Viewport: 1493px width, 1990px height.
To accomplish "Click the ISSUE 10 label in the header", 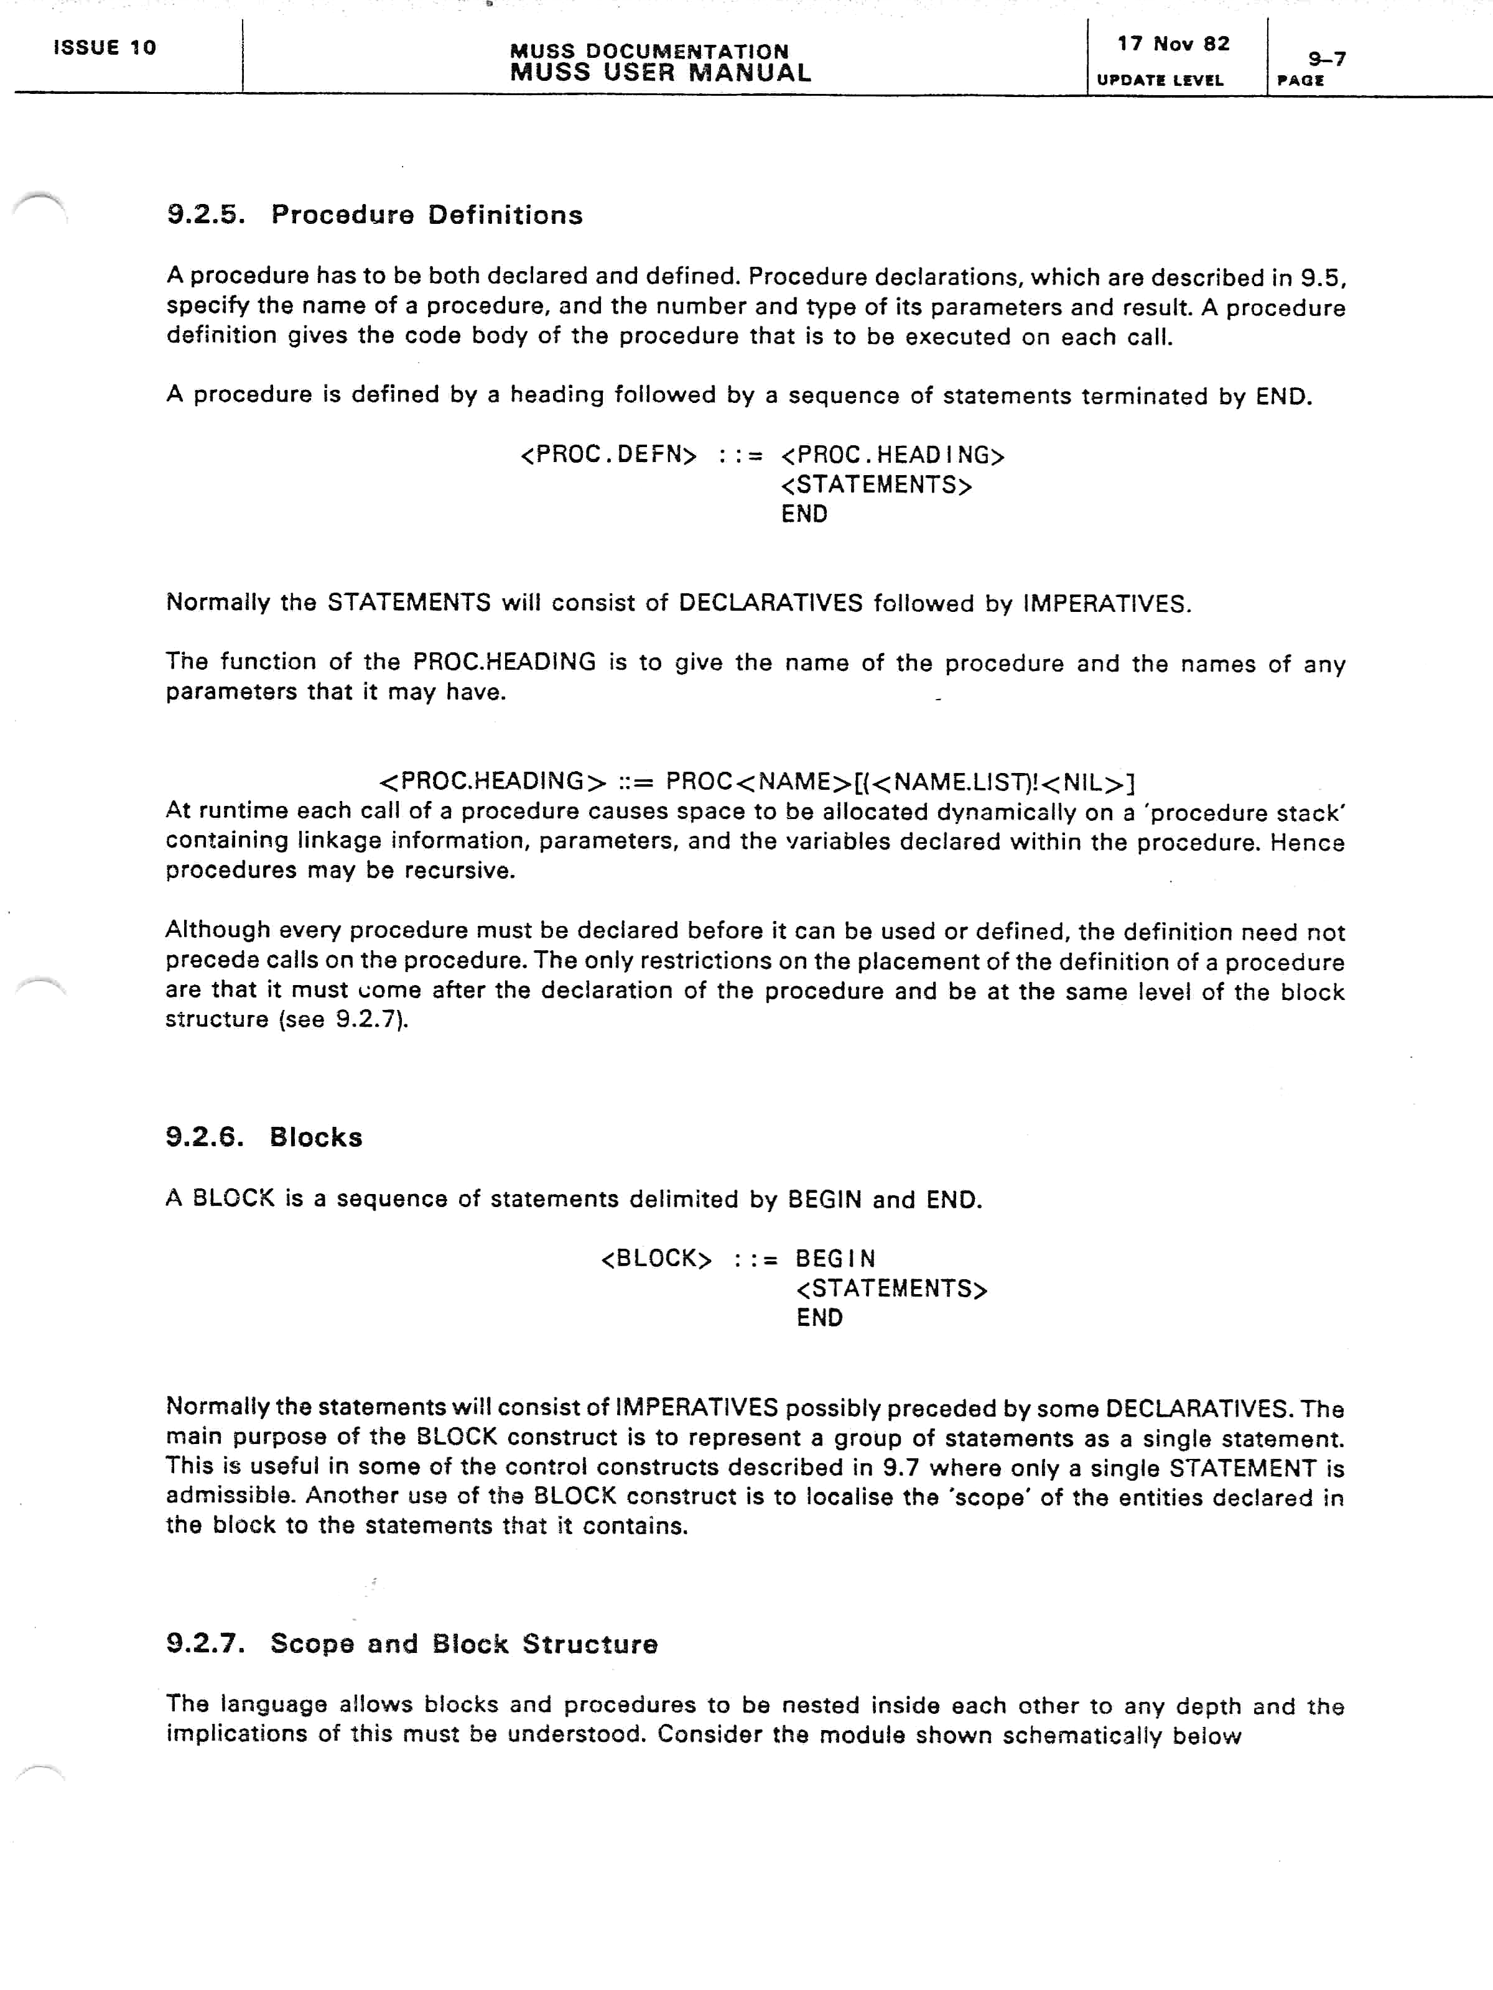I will tap(105, 48).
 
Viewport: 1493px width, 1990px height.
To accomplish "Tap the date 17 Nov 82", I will tap(1173, 44).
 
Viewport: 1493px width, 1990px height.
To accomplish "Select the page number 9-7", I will tap(1326, 59).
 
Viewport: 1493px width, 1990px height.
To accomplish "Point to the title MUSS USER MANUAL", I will tap(659, 73).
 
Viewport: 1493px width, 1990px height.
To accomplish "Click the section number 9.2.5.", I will tap(205, 215).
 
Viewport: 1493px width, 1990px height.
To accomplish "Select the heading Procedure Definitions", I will tap(427, 215).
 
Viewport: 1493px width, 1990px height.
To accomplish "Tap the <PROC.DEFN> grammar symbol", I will tap(608, 455).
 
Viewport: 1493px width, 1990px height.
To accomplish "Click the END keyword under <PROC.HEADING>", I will tap(804, 514).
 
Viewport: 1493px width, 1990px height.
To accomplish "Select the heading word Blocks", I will tap(316, 1137).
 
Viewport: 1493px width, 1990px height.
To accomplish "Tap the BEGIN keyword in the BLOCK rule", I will tap(835, 1259).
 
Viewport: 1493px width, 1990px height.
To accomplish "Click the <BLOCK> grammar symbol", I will tap(656, 1259).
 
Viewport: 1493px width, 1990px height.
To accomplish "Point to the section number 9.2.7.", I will tap(205, 1644).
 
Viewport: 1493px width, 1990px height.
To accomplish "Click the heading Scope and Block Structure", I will tap(463, 1644).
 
